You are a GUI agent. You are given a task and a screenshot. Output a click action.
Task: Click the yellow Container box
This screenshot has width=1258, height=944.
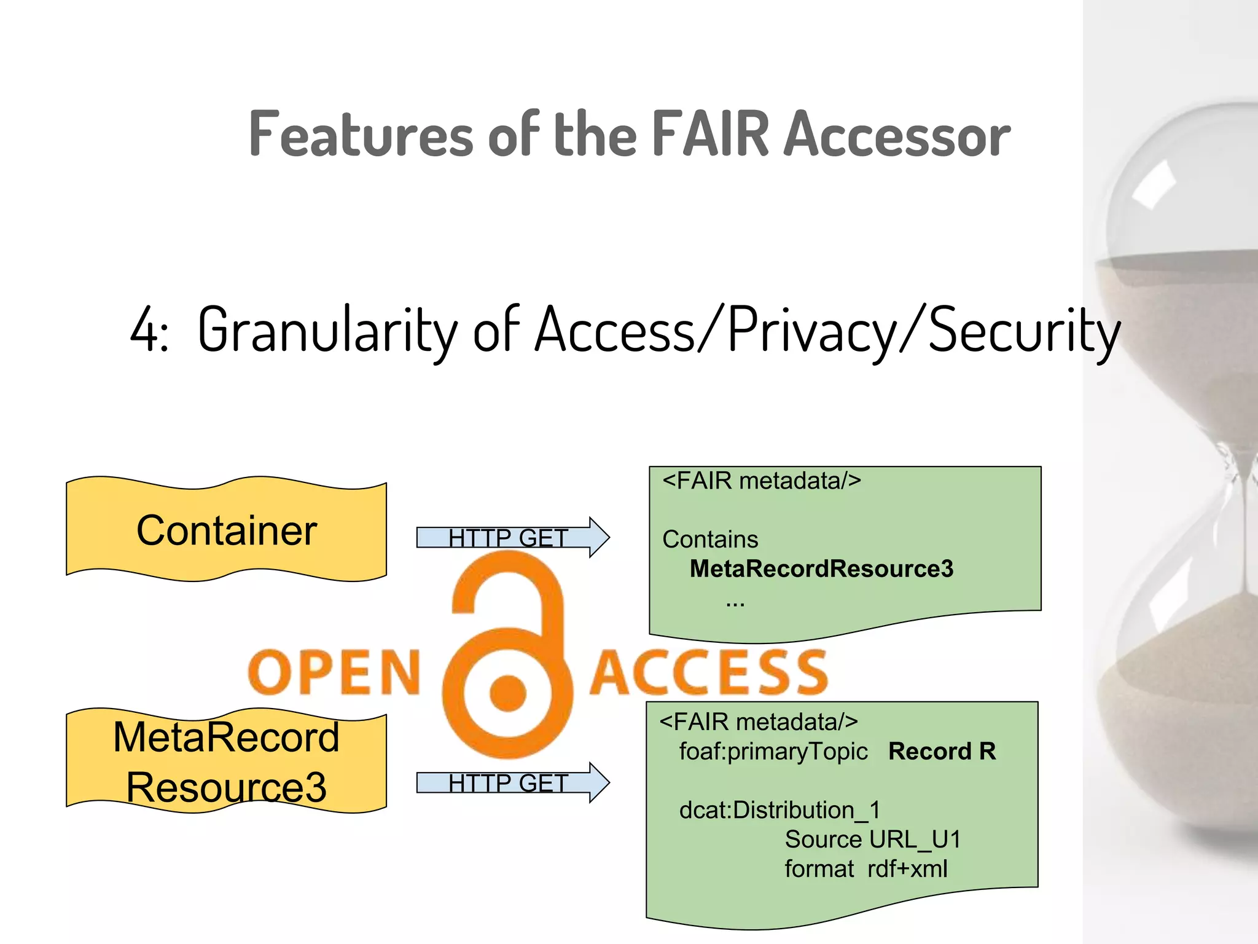(x=226, y=530)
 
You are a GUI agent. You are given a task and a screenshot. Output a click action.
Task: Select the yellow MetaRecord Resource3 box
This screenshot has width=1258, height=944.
(x=226, y=762)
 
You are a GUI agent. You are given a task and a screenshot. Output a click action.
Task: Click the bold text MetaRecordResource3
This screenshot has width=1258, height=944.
(x=821, y=569)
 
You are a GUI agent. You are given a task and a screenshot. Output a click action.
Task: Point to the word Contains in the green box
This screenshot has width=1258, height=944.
(x=710, y=540)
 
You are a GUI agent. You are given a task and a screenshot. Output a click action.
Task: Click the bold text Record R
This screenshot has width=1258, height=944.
(x=942, y=752)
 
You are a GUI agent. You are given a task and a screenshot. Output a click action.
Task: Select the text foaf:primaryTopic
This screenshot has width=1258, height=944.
(x=773, y=752)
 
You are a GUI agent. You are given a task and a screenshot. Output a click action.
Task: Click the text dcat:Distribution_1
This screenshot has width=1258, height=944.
(x=779, y=810)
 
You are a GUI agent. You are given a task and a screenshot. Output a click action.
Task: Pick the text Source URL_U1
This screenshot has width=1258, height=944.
(x=872, y=840)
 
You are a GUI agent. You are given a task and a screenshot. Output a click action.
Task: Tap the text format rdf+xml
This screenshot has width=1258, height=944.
(x=866, y=869)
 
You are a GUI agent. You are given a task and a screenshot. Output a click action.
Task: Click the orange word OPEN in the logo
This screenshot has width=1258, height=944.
(x=334, y=673)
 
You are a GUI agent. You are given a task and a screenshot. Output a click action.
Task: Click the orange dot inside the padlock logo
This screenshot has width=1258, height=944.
(x=508, y=693)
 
